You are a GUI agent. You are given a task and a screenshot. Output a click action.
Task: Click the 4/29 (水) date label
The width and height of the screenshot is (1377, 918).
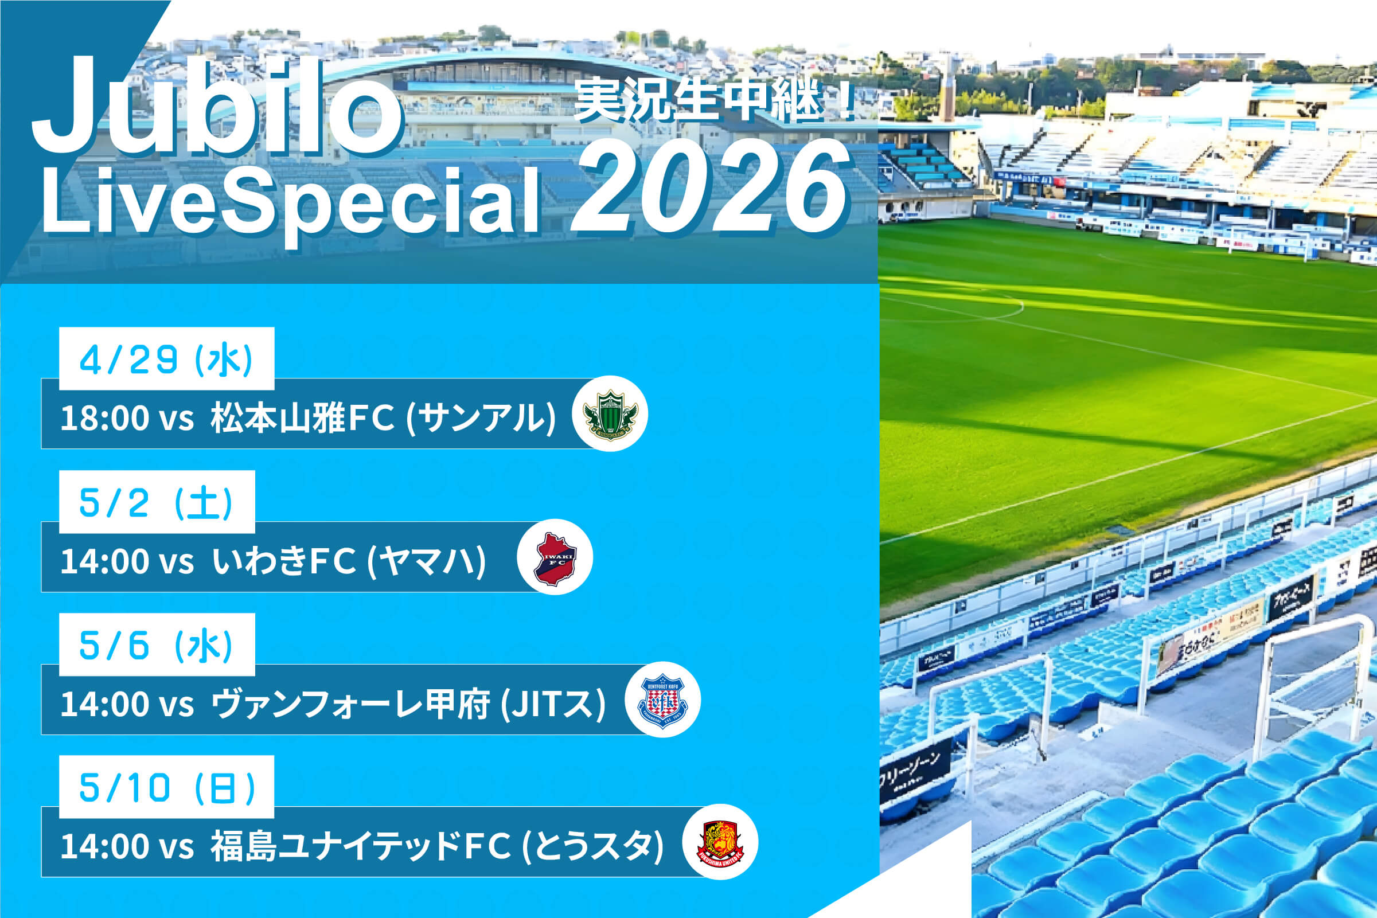click(166, 359)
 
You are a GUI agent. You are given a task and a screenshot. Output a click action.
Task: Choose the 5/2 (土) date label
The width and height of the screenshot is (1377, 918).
click(157, 502)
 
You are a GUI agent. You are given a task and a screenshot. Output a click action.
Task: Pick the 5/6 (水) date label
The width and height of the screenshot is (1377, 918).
click(157, 645)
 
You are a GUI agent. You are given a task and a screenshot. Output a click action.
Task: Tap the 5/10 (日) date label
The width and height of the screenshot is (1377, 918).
click(166, 787)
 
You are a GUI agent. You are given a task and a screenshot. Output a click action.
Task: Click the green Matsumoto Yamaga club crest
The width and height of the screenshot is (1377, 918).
click(610, 414)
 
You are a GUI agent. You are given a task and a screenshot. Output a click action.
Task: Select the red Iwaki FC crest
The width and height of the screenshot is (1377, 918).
click(555, 557)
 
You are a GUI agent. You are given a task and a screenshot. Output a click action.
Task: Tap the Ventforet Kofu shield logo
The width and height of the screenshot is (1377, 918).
click(662, 700)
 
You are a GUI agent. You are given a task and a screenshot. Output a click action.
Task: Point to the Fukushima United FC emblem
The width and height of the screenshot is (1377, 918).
click(720, 842)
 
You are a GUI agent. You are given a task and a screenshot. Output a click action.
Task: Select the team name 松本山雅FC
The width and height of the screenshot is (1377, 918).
click(302, 418)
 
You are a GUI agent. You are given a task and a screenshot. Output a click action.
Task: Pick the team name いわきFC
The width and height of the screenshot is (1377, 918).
click(284, 561)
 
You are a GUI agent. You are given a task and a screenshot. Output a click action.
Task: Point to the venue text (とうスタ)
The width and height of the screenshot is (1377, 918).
click(592, 846)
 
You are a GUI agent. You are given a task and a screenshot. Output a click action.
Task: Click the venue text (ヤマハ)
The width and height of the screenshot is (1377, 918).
click(426, 561)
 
